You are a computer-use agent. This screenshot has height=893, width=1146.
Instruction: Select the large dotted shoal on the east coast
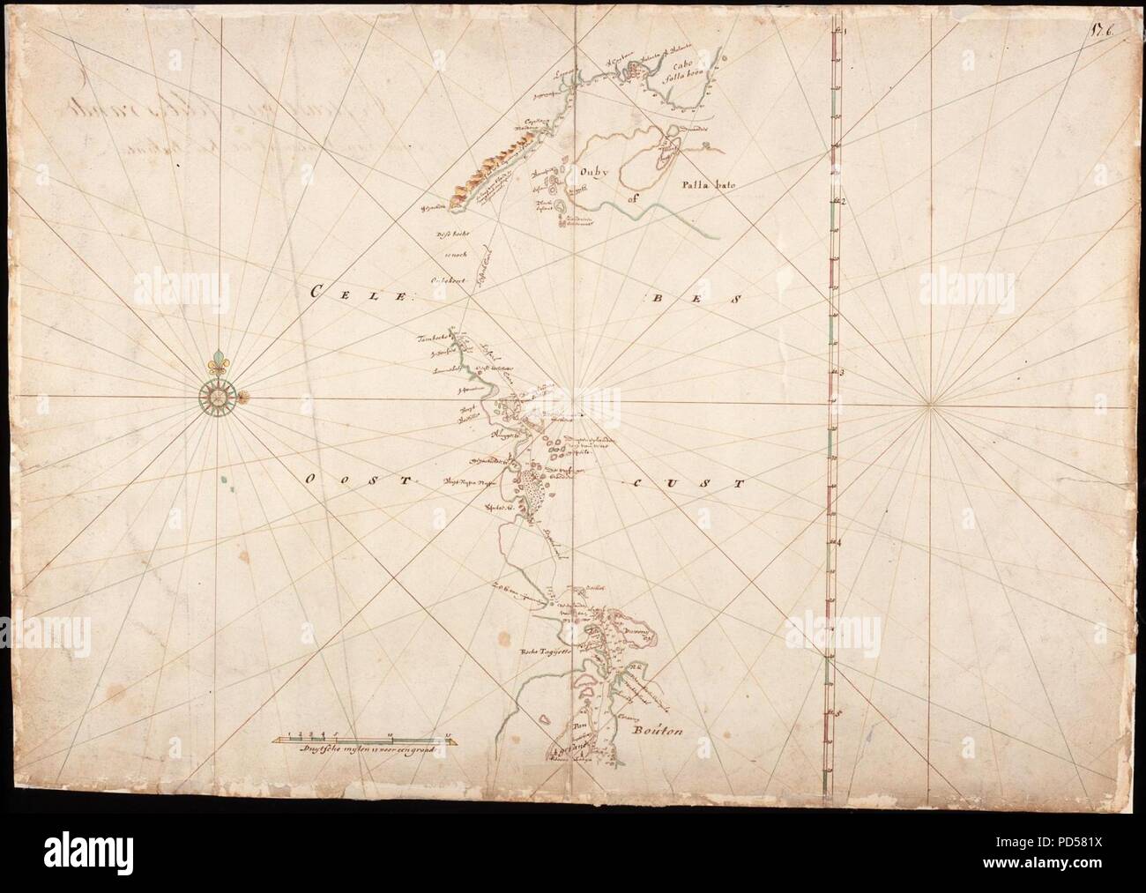coord(529,488)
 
